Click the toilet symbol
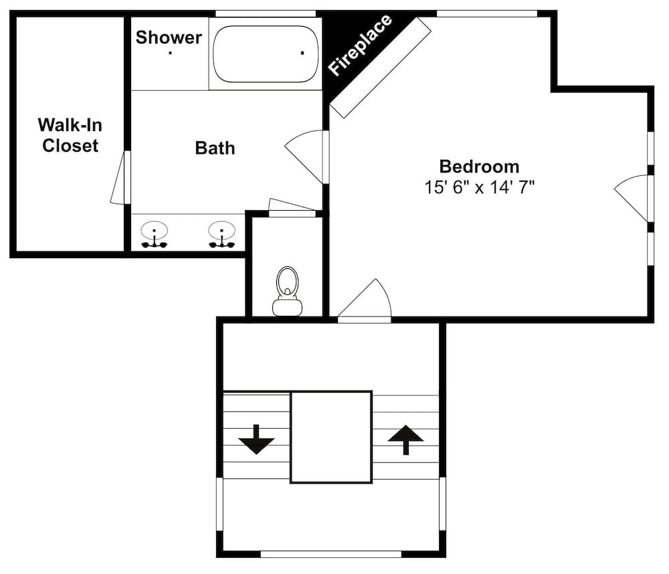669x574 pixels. tap(287, 291)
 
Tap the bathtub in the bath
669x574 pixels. tap(266, 54)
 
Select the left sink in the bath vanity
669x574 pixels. tap(155, 234)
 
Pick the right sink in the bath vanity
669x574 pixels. tap(222, 234)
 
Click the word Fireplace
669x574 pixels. tap(360, 45)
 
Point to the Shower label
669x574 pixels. tap(169, 37)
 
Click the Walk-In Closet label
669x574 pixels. tap(70, 135)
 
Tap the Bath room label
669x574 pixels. tap(215, 148)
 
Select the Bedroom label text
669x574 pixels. tap(479, 167)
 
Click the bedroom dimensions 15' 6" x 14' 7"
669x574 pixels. tap(479, 187)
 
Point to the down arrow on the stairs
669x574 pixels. tap(256, 440)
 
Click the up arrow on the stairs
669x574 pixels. tap(405, 440)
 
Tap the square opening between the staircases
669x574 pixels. tap(331, 437)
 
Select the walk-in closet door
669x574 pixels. tap(120, 177)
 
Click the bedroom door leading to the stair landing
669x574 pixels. tap(364, 300)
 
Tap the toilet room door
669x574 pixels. tap(292, 207)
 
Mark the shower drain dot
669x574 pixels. tap(170, 53)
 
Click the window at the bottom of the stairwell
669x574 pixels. tap(331, 554)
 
